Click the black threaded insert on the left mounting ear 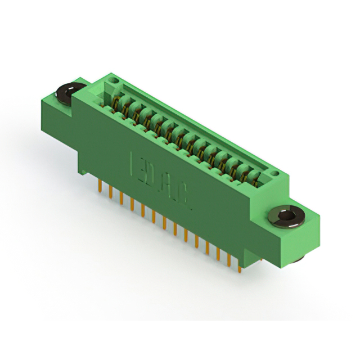[x=71, y=90]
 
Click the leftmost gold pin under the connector [x=100, y=185]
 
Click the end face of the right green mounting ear [x=308, y=236]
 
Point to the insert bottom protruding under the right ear [x=300, y=258]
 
